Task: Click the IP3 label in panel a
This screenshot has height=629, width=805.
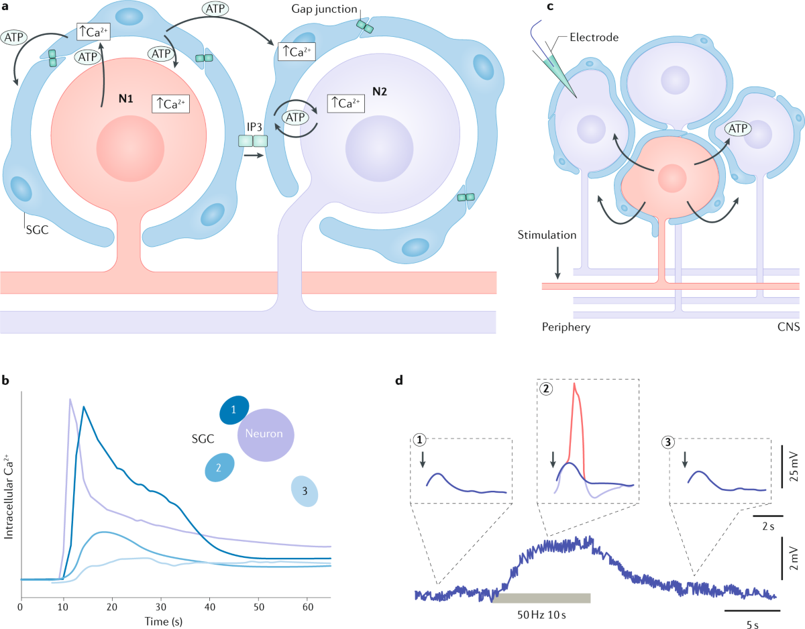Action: [253, 125]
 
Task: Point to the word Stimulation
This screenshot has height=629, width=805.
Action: [547, 237]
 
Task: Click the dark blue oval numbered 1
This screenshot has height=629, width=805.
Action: [234, 410]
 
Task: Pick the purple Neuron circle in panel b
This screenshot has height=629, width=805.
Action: [264, 435]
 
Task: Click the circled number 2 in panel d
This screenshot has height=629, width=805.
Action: [547, 388]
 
